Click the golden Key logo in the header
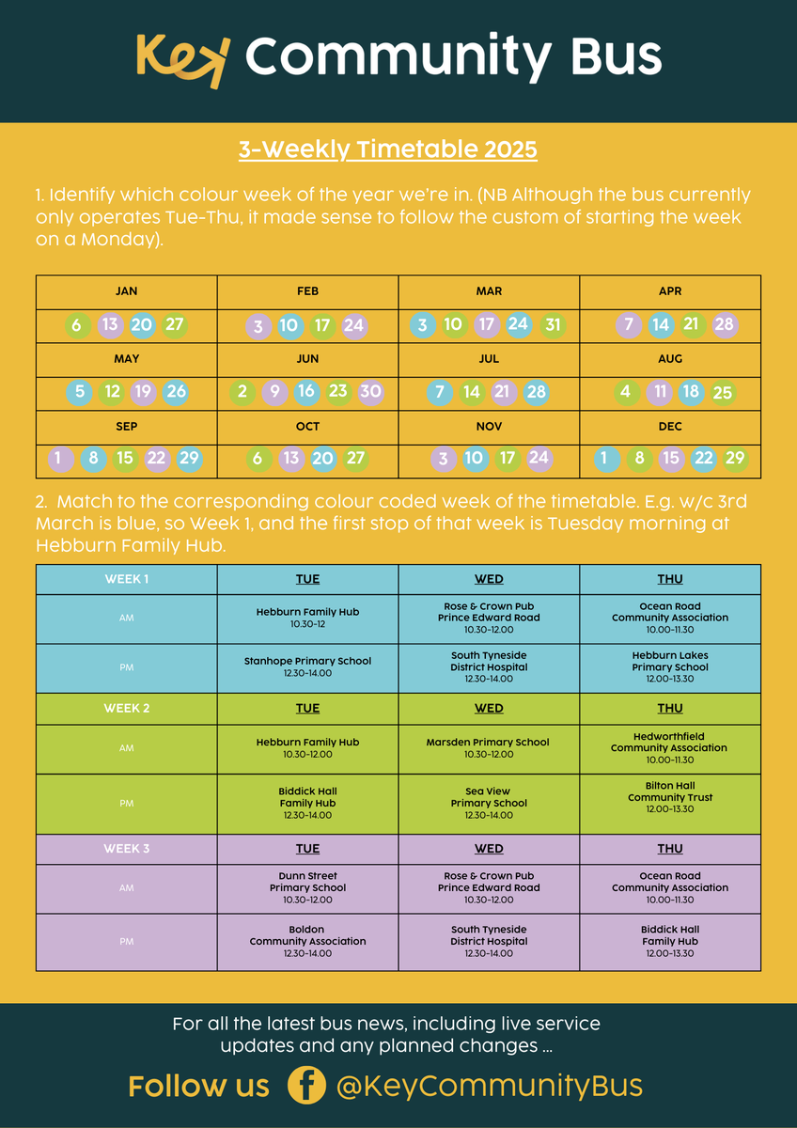[182, 60]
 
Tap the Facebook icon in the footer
[305, 1086]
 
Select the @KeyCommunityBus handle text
[489, 1087]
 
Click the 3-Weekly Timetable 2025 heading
[387, 150]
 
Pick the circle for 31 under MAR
[553, 325]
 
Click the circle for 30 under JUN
[370, 392]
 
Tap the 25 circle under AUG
[723, 393]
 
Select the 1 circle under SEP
[58, 460]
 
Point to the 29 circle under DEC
[735, 460]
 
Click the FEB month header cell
[307, 291]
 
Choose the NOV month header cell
[489, 427]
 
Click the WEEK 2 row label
[127, 709]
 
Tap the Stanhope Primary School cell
[307, 667]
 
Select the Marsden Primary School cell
[489, 748]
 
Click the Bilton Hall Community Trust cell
[670, 797]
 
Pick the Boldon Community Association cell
[307, 941]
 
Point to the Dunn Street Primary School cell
[307, 887]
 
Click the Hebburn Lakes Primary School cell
[670, 667]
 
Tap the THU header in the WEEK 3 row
[670, 849]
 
